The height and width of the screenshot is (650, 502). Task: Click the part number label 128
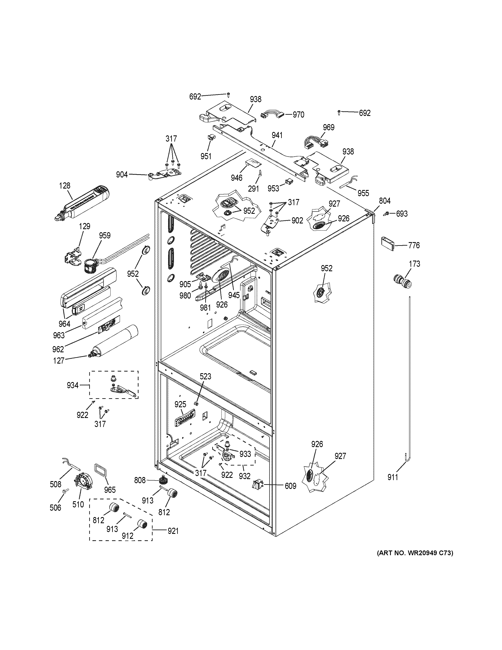pos(65,186)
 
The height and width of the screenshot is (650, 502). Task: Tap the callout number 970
pos(298,114)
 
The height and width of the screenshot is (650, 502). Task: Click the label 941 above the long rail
pos(277,135)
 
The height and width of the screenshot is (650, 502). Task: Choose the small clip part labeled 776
pos(388,244)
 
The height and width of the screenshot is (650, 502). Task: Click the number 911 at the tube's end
pos(392,477)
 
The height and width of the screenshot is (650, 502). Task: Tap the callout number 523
pos(205,376)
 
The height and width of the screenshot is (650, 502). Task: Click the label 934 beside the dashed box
pos(73,385)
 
